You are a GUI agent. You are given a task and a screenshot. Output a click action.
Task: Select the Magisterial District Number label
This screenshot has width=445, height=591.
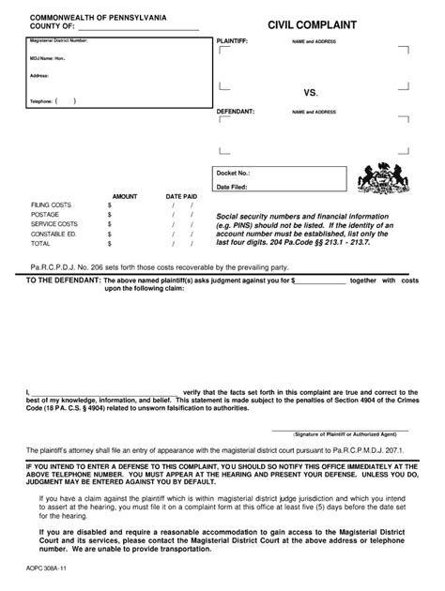tap(59, 41)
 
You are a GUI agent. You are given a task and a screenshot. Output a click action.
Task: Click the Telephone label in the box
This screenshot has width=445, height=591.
tap(41, 100)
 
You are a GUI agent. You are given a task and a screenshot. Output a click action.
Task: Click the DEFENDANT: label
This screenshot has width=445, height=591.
tap(235, 112)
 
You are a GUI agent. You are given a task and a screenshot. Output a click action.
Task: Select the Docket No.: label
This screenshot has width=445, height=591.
tap(234, 174)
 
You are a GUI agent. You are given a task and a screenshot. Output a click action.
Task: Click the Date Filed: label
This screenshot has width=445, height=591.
tap(233, 187)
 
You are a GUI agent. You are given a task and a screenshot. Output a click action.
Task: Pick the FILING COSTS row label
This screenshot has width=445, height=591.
tap(51, 205)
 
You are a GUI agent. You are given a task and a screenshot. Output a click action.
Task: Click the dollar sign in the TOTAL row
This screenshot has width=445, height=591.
tap(110, 243)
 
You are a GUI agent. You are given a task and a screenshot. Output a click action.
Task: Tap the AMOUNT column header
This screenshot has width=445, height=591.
tap(125, 196)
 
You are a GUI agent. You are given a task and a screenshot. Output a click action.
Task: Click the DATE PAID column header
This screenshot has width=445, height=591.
tap(181, 196)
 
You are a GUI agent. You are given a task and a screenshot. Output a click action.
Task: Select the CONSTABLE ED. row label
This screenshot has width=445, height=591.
tap(54, 234)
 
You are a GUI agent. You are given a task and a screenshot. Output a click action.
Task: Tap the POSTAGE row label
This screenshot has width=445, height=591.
tap(45, 214)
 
